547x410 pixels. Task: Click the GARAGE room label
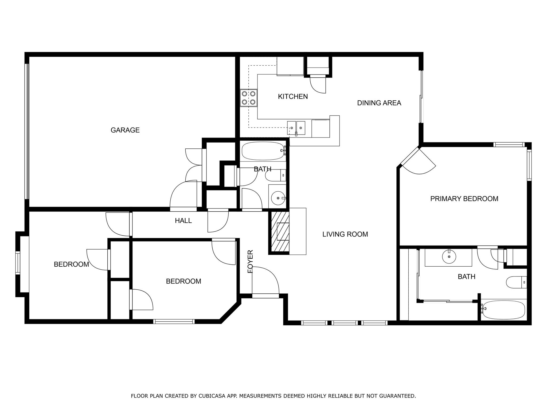125,130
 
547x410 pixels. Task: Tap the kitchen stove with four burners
248,98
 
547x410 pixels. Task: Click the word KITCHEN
293,96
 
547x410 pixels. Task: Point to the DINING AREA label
379,103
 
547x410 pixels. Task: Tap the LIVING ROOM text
345,234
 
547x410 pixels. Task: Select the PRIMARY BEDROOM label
464,199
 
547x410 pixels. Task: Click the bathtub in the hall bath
263,151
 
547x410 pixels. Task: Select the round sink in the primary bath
449,257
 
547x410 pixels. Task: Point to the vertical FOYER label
250,261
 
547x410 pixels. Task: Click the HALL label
183,220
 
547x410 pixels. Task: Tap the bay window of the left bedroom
18,263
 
